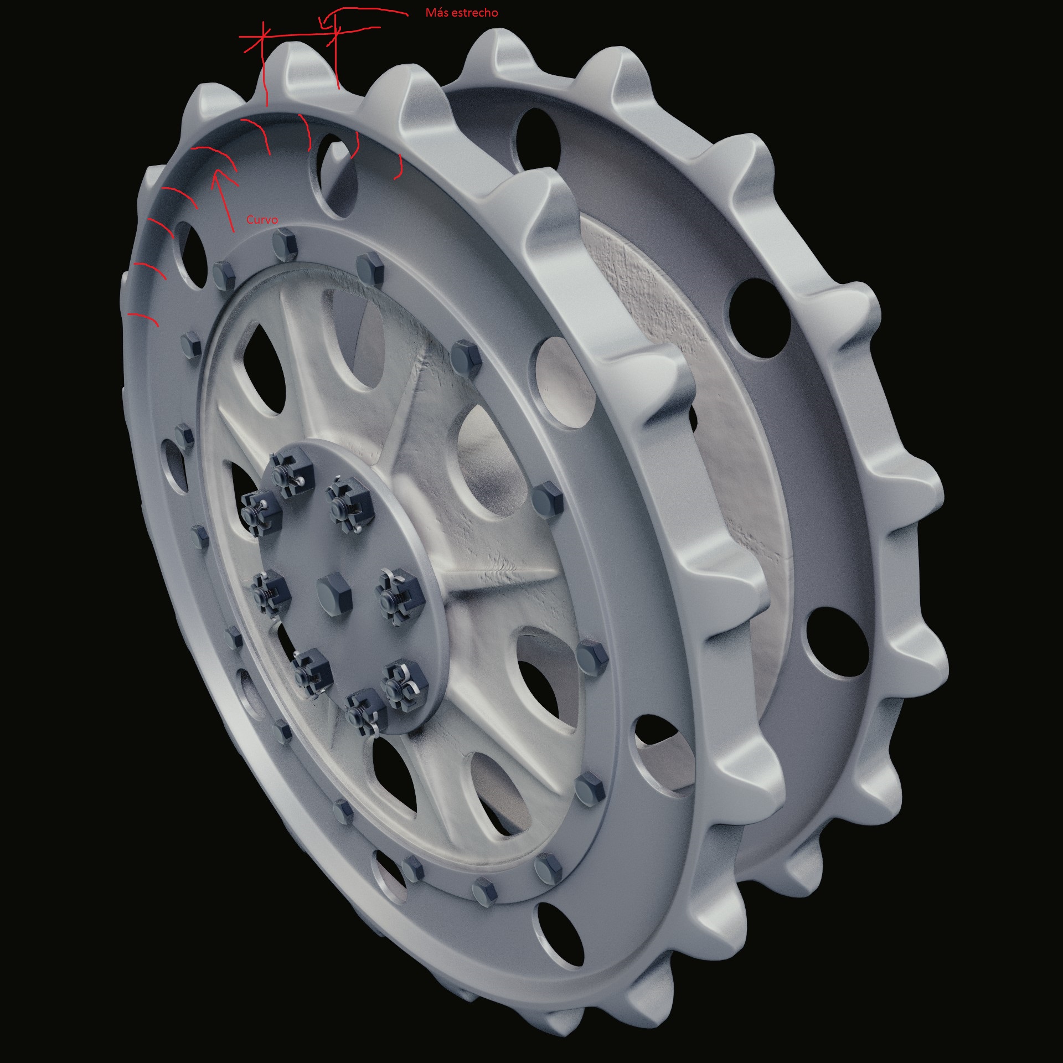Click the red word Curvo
click(262, 220)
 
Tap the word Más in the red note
click(437, 12)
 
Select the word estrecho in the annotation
click(475, 12)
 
